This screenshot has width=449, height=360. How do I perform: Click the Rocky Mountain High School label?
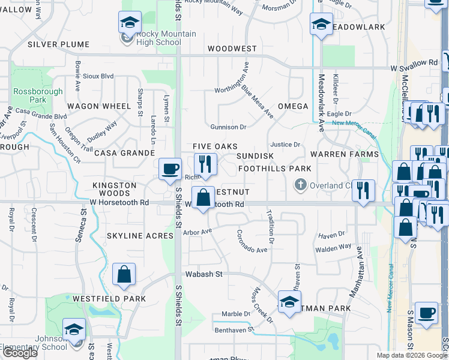click(151, 38)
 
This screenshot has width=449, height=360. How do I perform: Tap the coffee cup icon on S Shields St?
click(170, 169)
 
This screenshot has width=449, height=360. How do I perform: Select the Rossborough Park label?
click(29, 95)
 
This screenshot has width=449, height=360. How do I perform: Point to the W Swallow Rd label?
click(414, 62)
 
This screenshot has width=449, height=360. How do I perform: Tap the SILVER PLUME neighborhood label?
click(58, 44)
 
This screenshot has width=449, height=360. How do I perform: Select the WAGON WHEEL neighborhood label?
click(99, 106)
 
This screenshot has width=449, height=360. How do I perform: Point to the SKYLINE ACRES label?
click(140, 236)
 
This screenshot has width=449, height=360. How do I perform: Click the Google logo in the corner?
click(20, 353)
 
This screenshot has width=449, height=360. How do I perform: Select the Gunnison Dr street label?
click(228, 127)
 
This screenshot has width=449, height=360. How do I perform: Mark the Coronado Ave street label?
click(252, 242)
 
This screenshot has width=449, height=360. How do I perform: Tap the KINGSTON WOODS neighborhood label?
click(114, 190)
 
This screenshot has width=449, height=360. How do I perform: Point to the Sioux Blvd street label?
click(98, 76)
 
